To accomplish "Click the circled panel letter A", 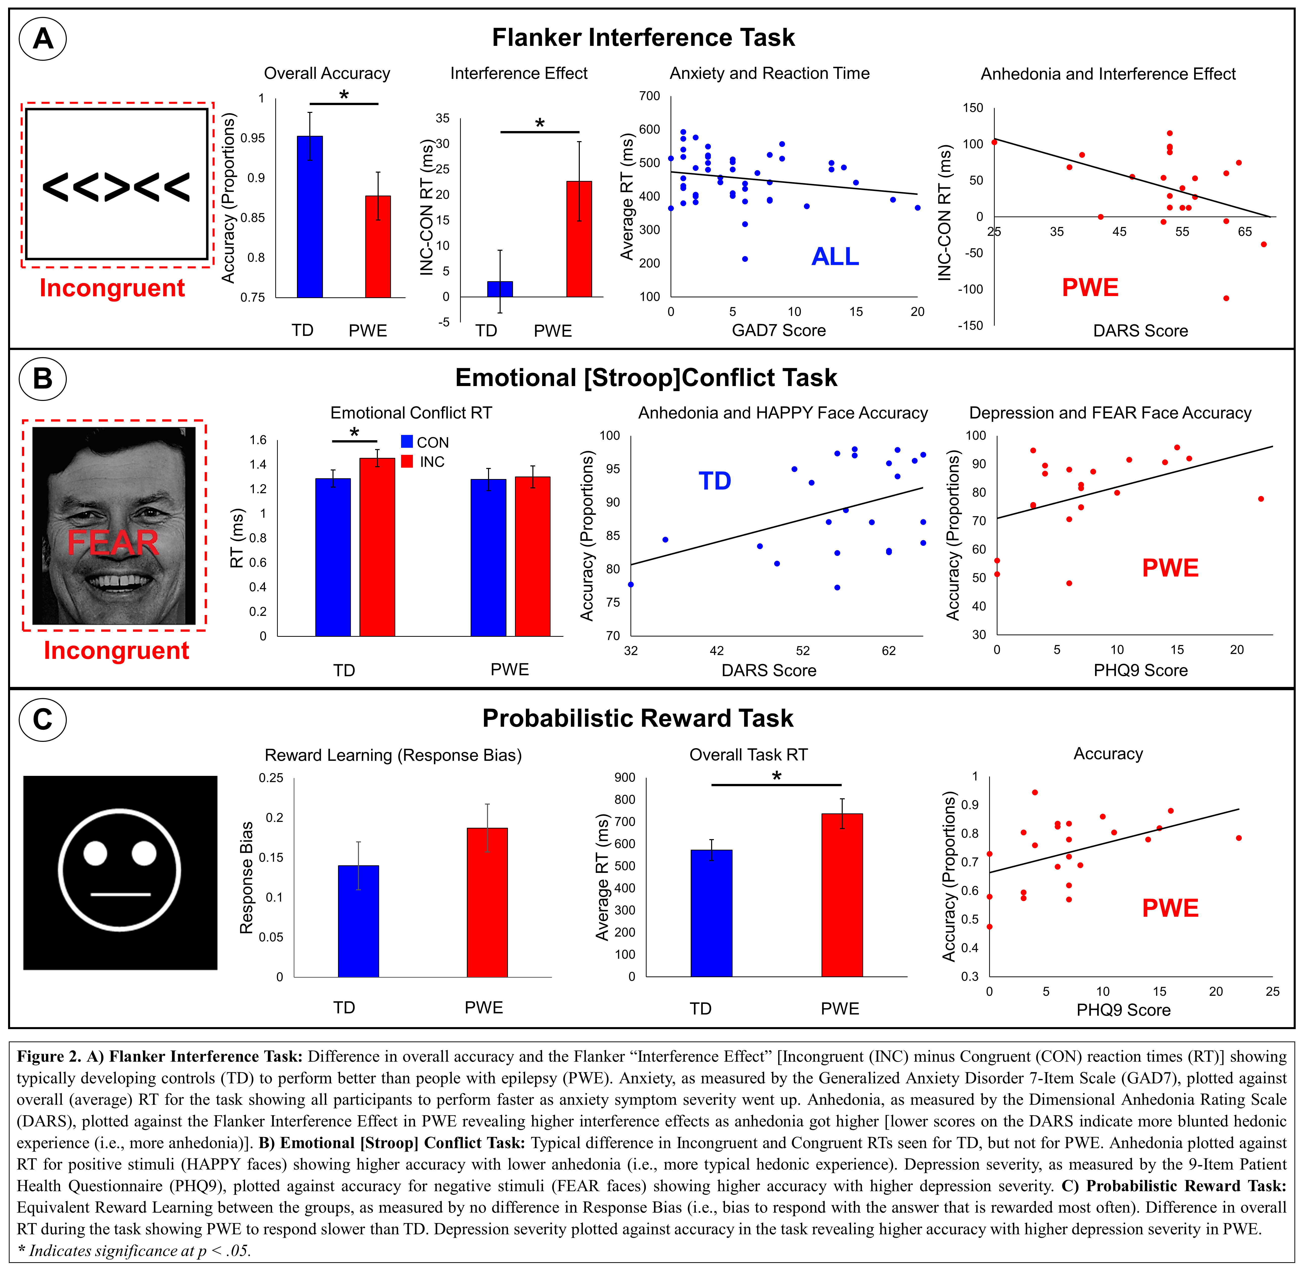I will click(x=43, y=39).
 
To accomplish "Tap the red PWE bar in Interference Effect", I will click(x=579, y=239).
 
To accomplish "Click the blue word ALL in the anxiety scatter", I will click(x=835, y=257).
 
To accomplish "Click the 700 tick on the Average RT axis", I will click(x=649, y=96).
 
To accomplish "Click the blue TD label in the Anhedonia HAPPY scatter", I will click(x=715, y=481).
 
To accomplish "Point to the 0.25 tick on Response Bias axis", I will click(x=271, y=778).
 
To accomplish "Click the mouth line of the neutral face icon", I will click(x=120, y=894).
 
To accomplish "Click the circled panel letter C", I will click(x=43, y=720).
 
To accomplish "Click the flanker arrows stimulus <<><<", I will click(x=117, y=187).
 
